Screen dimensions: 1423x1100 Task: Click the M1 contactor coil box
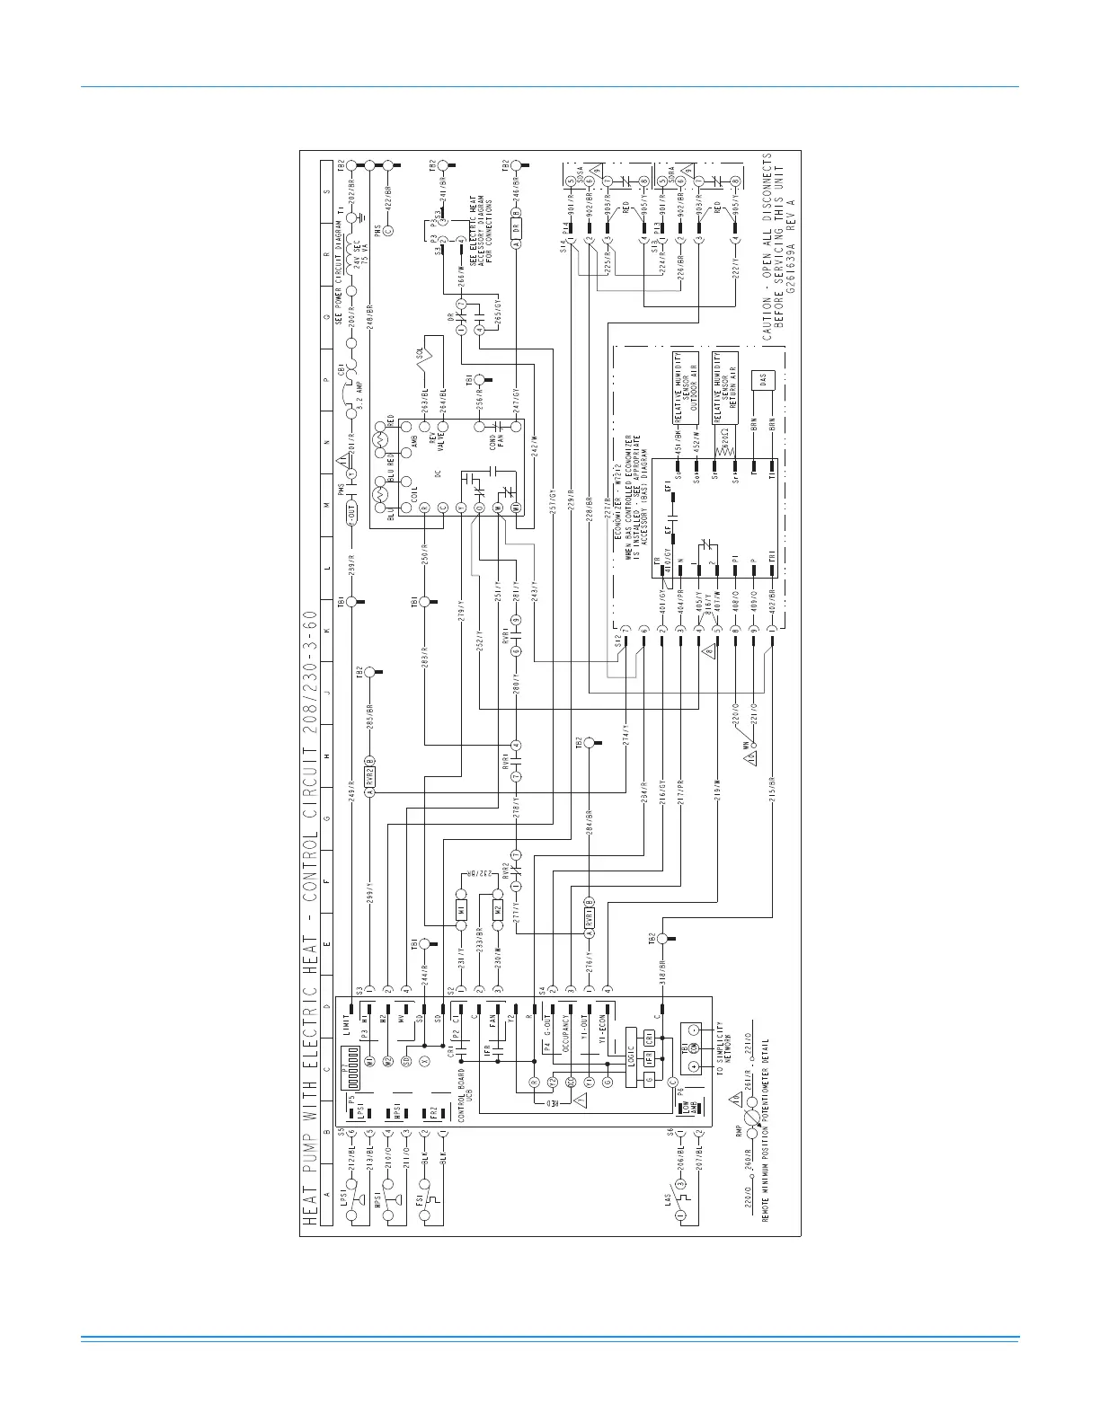click(x=460, y=910)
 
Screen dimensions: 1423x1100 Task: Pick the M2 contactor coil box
click(x=497, y=910)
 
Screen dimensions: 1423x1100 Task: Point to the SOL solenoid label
click(x=420, y=352)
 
